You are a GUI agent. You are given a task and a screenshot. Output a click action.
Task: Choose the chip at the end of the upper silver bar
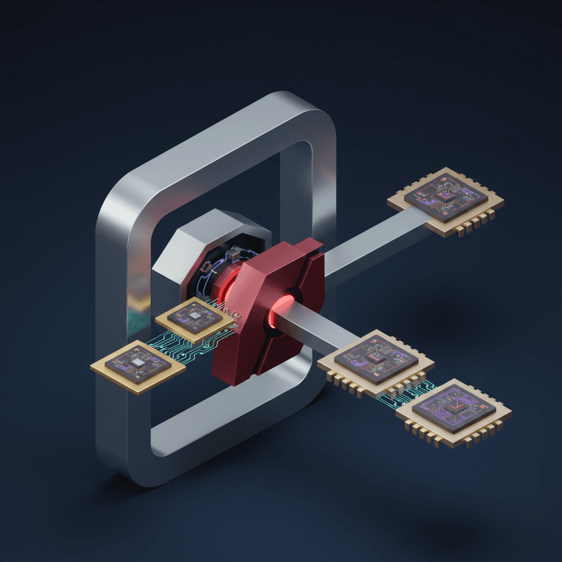[446, 201]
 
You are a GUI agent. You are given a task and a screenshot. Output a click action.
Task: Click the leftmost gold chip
[138, 366]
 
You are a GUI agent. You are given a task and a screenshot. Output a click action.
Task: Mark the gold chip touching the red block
[195, 318]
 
